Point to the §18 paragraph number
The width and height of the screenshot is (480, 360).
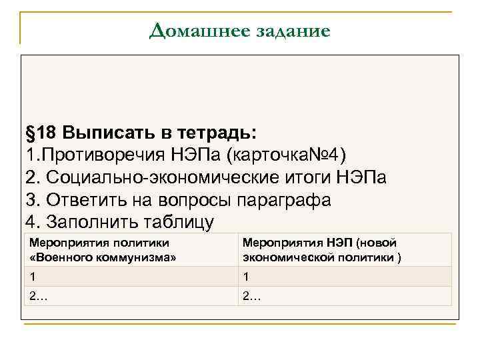click(41, 133)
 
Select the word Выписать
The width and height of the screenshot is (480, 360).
click(111, 133)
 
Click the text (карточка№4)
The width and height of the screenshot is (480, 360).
click(286, 155)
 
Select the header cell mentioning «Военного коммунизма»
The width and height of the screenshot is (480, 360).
click(131, 251)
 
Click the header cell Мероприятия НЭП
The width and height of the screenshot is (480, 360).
click(345, 251)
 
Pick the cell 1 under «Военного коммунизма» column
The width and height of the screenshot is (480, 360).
click(131, 277)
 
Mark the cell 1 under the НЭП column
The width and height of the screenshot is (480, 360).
click(345, 277)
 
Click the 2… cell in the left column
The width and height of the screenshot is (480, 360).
click(131, 296)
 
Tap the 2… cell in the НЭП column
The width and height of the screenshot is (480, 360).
click(345, 296)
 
